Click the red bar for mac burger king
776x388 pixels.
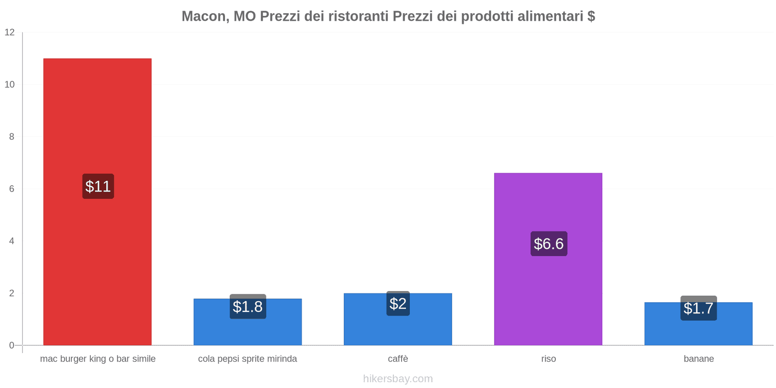click(x=97, y=121)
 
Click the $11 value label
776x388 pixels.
click(x=98, y=186)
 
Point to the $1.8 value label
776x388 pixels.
click(x=247, y=307)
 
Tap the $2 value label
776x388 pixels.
click(x=398, y=304)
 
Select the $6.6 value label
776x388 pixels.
click(x=549, y=243)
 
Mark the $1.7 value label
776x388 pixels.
click(x=698, y=308)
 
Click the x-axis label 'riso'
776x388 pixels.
click(x=549, y=359)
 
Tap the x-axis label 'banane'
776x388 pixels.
click(x=698, y=359)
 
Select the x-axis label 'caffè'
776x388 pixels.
click(x=398, y=359)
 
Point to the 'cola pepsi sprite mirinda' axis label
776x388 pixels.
click(x=247, y=359)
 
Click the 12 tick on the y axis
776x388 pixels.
click(x=10, y=32)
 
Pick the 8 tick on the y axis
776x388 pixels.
click(x=12, y=137)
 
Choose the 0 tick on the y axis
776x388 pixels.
click(x=12, y=345)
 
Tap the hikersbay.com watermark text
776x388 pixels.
click(x=398, y=379)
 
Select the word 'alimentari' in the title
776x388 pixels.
click(x=550, y=16)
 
